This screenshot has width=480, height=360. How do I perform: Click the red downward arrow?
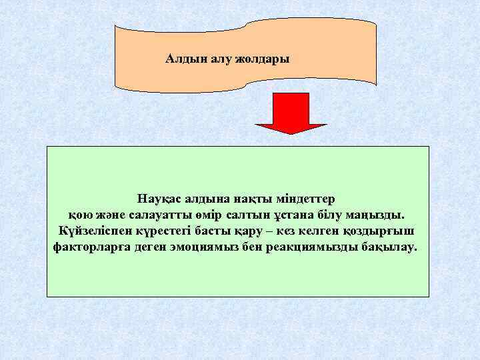pos(291,113)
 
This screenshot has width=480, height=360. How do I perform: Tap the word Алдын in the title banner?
pos(182,59)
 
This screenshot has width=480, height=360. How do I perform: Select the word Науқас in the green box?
pos(159,199)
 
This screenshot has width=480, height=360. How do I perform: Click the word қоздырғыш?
pos(379,231)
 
